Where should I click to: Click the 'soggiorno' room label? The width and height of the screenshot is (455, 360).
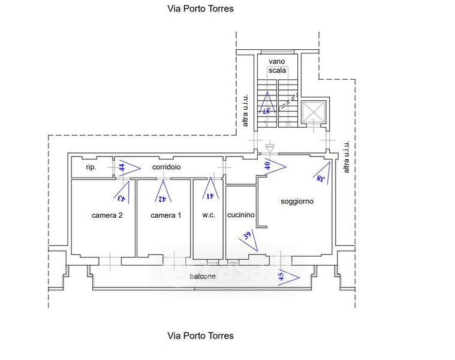(x=297, y=202)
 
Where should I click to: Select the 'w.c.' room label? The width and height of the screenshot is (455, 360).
(x=208, y=215)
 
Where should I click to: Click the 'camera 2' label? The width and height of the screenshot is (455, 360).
(x=107, y=215)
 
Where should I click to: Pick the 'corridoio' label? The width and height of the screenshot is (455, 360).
(x=167, y=167)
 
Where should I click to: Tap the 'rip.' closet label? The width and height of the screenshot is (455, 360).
(x=91, y=167)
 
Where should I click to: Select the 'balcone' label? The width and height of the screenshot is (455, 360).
(x=203, y=277)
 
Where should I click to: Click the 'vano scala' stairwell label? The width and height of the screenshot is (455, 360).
(x=277, y=65)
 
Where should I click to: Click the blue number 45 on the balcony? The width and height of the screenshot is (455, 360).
(x=281, y=277)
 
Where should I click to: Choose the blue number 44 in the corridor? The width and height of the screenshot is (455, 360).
(x=122, y=168)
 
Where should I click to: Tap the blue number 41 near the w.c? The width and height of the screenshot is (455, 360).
(x=210, y=195)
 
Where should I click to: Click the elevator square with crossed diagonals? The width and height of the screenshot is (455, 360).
(x=314, y=113)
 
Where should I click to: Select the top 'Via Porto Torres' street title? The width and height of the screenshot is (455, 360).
(x=200, y=9)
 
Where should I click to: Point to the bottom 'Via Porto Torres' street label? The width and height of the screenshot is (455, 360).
(x=200, y=335)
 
